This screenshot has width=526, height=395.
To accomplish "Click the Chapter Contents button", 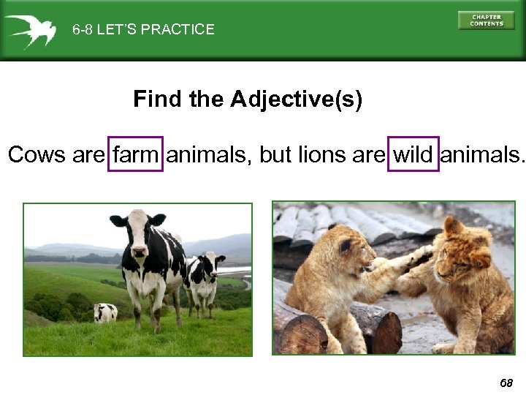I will pos(486,20).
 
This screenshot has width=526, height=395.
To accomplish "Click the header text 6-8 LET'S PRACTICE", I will pos(143,30).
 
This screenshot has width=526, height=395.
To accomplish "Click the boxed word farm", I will pos(136,154).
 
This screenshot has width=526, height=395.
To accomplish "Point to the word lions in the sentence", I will pos(322,154).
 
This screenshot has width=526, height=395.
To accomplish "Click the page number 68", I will pos(506,383).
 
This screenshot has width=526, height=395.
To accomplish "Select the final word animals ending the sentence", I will pos(483,154).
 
